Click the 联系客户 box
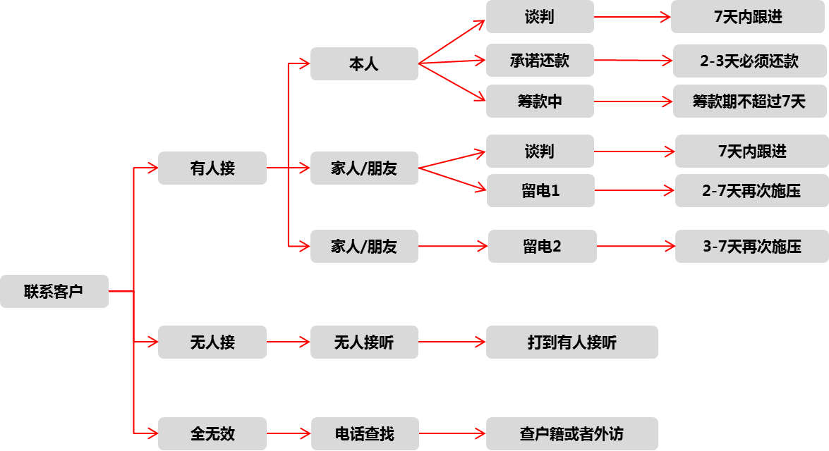tap(54, 291)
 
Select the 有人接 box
tap(212, 168)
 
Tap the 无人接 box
tap(212, 342)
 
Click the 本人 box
tap(364, 64)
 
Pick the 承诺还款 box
tap(540, 61)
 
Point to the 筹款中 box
tap(540, 101)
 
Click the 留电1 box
tap(540, 190)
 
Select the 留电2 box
tap(542, 247)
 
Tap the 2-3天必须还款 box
tap(749, 61)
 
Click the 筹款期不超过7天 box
tap(749, 101)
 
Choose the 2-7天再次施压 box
tap(751, 190)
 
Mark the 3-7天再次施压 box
tap(751, 247)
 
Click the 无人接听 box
tap(364, 342)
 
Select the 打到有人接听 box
tap(572, 342)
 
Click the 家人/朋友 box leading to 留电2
tap(364, 247)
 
